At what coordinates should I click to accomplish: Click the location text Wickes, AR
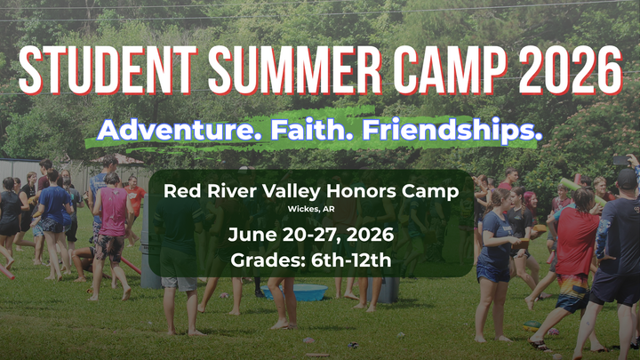click(310, 209)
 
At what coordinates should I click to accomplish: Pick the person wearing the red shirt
click(576, 244)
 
